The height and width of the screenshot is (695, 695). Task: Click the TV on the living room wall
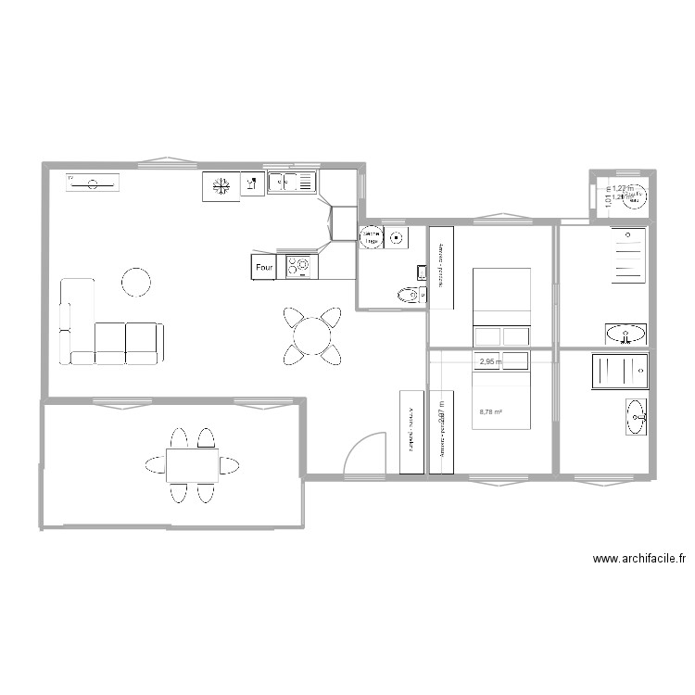93,183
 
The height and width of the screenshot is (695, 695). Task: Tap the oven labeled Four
264,268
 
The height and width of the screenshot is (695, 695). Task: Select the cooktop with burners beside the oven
301,267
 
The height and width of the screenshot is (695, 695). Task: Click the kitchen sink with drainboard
292,183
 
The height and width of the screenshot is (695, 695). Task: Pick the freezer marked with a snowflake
221,186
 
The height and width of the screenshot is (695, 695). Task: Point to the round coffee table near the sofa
136,282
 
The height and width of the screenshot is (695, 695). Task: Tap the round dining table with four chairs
312,335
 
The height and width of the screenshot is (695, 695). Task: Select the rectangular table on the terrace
192,465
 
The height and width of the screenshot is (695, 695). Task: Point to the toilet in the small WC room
408,296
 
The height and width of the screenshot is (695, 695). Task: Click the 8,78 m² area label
490,413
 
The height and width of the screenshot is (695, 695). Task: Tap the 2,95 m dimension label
490,362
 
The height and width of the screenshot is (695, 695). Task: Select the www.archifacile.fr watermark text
639,559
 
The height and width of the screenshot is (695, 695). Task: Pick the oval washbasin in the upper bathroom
625,334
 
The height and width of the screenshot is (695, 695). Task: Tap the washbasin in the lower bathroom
636,416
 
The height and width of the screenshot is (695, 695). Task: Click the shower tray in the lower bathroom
619,371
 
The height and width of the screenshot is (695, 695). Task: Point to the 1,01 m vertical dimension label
608,197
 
